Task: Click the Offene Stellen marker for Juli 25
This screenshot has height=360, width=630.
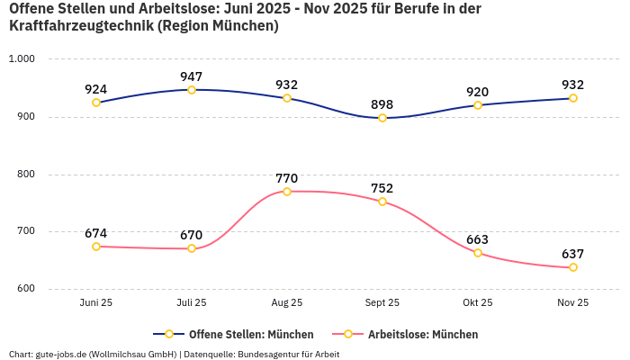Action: (x=192, y=90)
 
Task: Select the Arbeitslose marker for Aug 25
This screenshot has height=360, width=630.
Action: (x=287, y=192)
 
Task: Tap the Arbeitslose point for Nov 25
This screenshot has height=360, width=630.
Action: (x=573, y=267)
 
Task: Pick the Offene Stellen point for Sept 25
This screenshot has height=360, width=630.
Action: (x=382, y=118)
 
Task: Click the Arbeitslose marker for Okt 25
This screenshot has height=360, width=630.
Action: (x=478, y=253)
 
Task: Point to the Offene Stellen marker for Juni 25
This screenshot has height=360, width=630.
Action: (x=96, y=103)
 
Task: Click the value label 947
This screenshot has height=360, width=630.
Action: (x=192, y=76)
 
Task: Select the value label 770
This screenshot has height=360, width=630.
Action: (x=287, y=178)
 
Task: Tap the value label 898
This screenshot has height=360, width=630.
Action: (x=382, y=104)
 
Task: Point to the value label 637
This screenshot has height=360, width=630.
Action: (x=573, y=254)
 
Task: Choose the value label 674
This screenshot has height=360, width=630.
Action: (x=96, y=233)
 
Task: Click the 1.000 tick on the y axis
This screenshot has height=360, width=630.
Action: (x=21, y=58)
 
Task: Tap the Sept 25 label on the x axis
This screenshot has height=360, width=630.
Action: (x=382, y=303)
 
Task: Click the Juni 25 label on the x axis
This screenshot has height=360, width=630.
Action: (x=96, y=303)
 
